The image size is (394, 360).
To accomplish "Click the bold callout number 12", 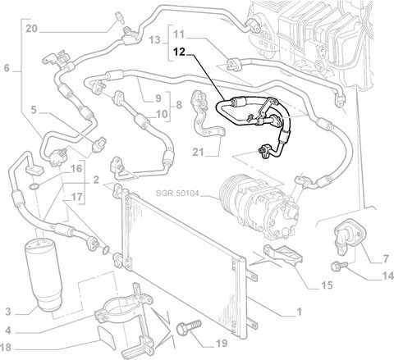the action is pos(180,52).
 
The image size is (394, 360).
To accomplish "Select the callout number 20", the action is pos(31,29).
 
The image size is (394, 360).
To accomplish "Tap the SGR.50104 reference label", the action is pos(177,194).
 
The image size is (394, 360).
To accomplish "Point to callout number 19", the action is pos(221,343).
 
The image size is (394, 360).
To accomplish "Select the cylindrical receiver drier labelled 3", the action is pos(44,275).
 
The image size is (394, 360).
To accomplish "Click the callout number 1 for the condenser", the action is pos(299,312).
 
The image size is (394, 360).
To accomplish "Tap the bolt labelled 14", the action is pos(339,266).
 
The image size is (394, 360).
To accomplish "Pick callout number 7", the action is pos(386,258).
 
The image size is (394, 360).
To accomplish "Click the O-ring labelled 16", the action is pos(34,187).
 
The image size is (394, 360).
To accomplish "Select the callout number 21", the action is pos(198,152).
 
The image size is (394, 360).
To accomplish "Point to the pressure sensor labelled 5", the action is pos(99,144).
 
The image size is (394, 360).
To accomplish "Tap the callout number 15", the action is pos(327,285).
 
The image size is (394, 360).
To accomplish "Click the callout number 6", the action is pos(7,68).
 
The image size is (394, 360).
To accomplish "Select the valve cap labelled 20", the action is pos(119,16).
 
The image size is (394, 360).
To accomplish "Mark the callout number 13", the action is pos(154,40).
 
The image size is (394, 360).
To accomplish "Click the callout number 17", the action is pos(76,197).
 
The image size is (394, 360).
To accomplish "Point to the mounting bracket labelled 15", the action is pos(283,254).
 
